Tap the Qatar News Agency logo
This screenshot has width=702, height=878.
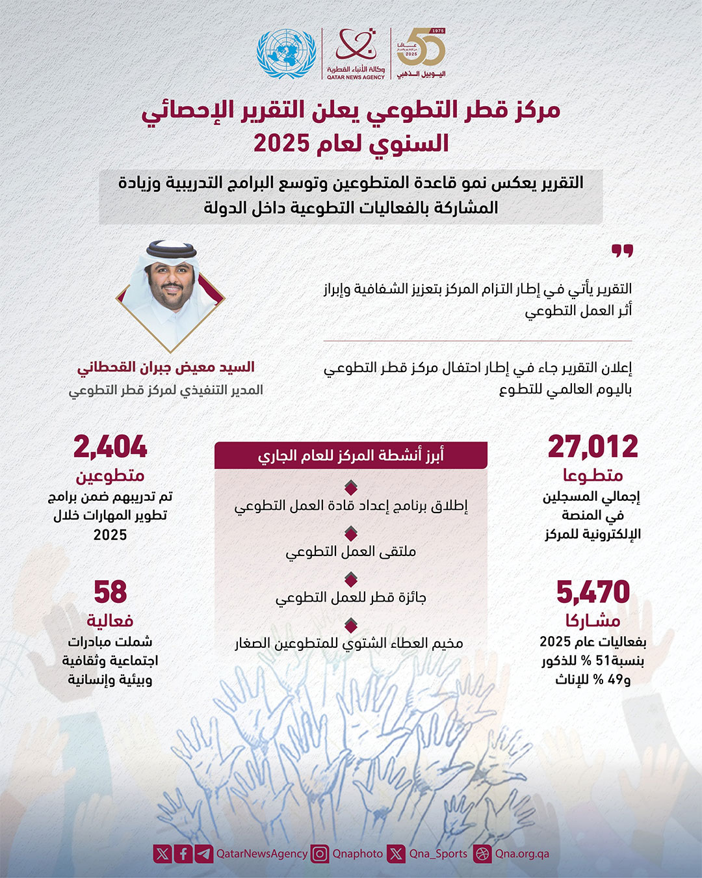coord(356,54)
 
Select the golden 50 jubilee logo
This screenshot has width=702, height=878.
coord(421,52)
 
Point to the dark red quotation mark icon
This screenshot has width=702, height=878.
coord(622,252)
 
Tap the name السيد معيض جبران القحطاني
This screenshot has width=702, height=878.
coord(166,367)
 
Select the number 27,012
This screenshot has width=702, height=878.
coord(593,447)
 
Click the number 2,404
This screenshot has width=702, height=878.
coord(110,447)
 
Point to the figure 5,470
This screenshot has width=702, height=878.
coord(593,592)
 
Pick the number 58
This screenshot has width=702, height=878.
coord(110,592)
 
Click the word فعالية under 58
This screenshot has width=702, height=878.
coord(110,621)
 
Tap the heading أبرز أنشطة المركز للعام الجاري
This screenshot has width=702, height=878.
coord(351,455)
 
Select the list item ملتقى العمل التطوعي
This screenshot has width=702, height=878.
coord(351,552)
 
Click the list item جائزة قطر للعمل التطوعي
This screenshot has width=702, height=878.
coord(351,598)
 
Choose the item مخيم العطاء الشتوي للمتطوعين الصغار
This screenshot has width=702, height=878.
coord(349,643)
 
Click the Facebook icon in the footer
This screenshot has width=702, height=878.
coord(183,853)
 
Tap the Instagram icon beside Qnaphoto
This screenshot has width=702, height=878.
coord(319,853)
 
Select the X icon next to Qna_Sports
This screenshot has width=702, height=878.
coord(396,853)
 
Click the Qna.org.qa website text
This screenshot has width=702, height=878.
coord(522,853)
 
